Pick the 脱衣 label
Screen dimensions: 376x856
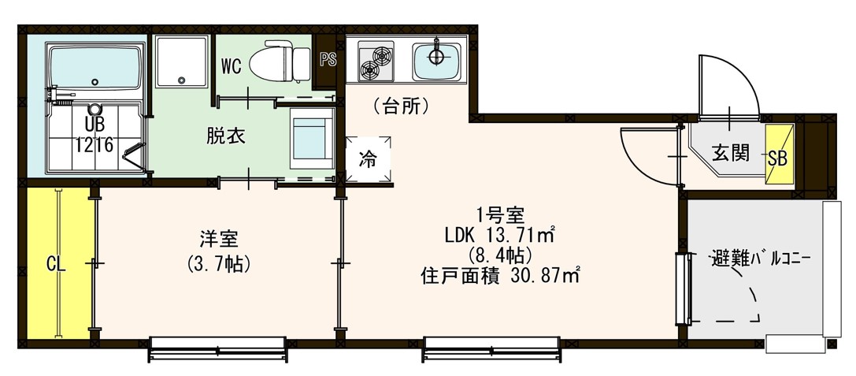click(x=226, y=136)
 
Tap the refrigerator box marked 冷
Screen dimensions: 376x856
click(x=369, y=159)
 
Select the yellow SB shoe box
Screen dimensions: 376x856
click(x=777, y=157)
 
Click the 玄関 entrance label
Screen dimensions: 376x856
click(x=732, y=152)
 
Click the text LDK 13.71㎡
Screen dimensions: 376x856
click(x=501, y=234)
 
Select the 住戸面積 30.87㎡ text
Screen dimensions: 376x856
click(x=501, y=277)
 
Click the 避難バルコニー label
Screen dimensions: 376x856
click(x=759, y=258)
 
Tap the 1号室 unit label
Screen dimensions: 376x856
click(x=496, y=213)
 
